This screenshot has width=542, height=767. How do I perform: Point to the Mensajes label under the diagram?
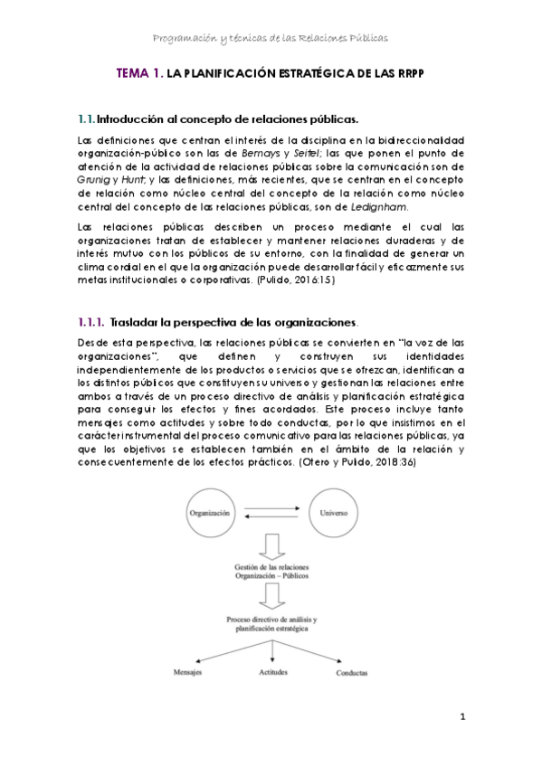point(188,674)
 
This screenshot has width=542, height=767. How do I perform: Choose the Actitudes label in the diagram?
point(273,674)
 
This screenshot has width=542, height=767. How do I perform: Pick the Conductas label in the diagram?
point(352,675)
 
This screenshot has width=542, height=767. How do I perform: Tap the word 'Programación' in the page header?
point(189,39)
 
